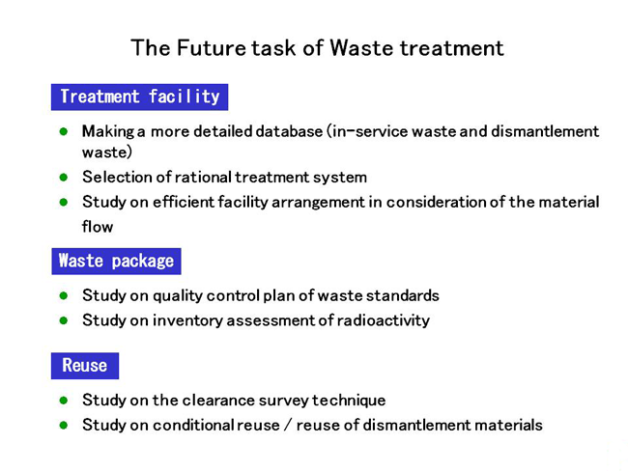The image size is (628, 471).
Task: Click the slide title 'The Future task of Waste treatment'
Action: tap(317, 48)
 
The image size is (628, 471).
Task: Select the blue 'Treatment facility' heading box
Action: tap(139, 97)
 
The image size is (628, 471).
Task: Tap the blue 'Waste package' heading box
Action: tap(116, 262)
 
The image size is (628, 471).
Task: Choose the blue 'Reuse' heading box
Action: tap(85, 366)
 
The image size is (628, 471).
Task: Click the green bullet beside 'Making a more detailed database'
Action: tap(63, 131)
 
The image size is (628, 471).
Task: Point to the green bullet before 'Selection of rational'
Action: tap(63, 177)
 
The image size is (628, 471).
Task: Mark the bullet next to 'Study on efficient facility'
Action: tap(63, 202)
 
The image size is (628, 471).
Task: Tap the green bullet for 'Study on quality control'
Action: tap(63, 295)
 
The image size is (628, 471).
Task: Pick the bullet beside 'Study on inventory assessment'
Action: tap(63, 320)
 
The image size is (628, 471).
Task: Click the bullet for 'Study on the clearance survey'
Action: tap(63, 401)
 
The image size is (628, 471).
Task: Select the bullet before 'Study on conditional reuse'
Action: tap(63, 425)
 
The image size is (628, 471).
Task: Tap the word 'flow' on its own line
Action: tap(98, 227)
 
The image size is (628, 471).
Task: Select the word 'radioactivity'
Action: tap(383, 320)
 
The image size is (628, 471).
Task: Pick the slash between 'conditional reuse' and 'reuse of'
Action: tap(288, 425)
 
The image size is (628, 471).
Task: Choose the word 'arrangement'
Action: tap(319, 203)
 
